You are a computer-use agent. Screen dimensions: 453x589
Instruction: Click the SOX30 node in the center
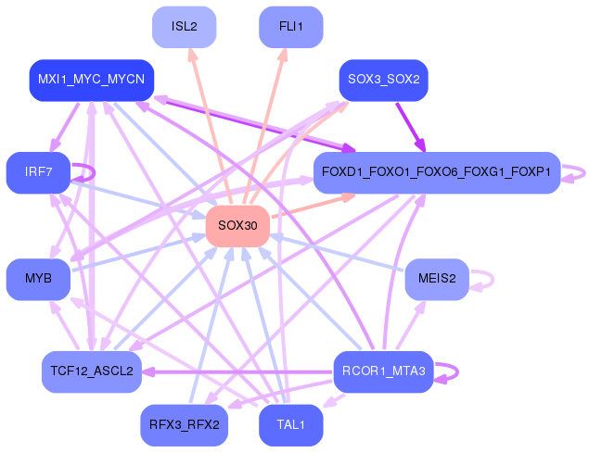tap(237, 226)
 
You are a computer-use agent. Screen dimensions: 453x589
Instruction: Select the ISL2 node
tap(184, 26)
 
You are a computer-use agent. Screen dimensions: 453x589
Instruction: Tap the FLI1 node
tap(290, 26)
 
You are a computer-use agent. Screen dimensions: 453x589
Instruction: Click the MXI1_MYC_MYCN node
tap(91, 80)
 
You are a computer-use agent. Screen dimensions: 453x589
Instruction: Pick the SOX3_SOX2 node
tap(383, 80)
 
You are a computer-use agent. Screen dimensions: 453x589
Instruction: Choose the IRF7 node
tap(38, 172)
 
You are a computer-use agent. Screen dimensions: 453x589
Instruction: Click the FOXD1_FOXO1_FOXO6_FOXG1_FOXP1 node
tap(436, 172)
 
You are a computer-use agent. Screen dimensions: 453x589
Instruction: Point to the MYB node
tap(38, 279)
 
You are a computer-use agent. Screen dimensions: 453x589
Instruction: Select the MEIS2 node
tap(436, 279)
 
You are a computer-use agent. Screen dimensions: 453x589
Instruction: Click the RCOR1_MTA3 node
tap(383, 371)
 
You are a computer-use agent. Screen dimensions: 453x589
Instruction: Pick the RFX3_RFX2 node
tap(184, 425)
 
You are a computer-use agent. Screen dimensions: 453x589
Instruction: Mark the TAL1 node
tap(290, 425)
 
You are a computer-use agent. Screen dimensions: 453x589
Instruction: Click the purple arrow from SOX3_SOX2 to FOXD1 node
tap(409, 123)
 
